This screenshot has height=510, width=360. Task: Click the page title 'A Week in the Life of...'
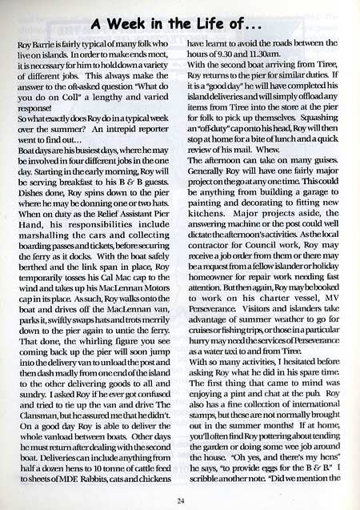180,21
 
